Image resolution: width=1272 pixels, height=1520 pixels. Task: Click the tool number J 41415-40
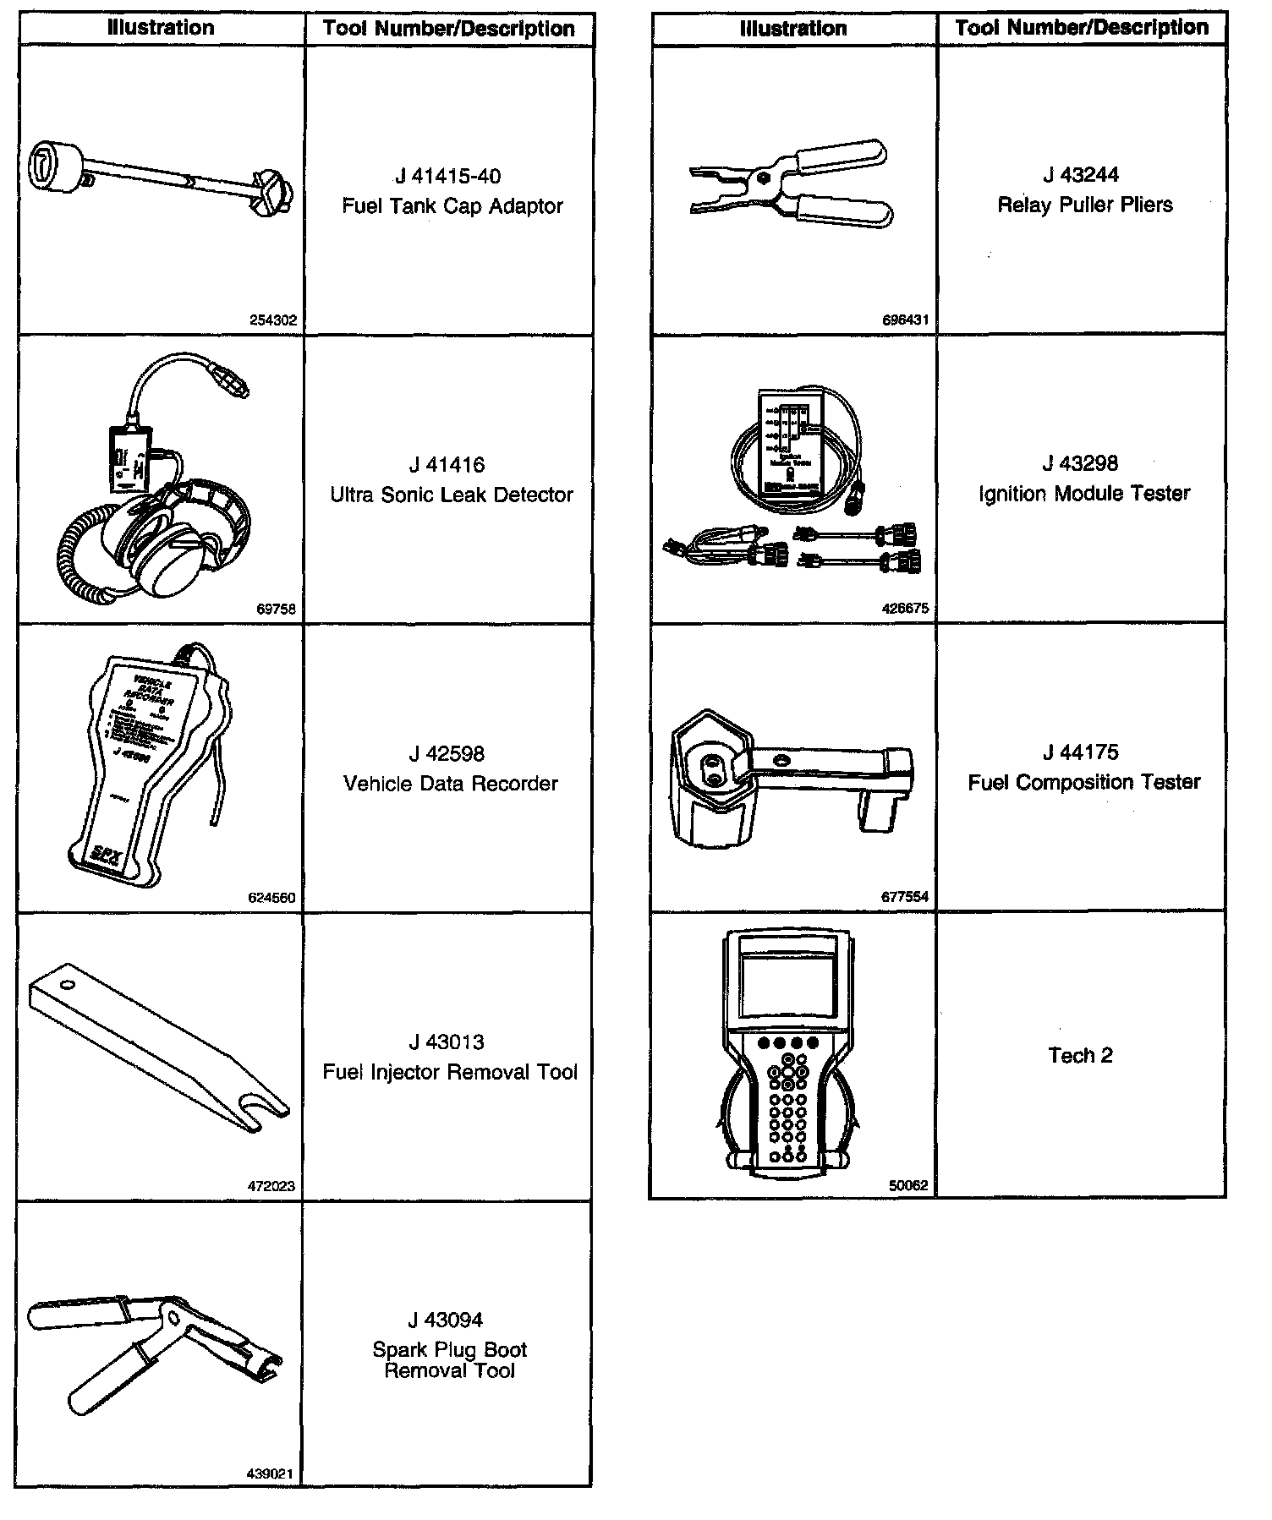point(447,177)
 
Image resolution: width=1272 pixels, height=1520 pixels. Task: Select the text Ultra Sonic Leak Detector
point(452,495)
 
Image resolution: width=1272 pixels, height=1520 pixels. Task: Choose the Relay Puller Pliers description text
point(1085,205)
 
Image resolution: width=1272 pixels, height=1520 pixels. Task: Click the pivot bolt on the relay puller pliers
point(764,178)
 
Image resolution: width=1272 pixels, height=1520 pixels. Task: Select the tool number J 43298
point(1080,463)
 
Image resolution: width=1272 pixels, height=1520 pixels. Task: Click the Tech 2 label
point(1080,1055)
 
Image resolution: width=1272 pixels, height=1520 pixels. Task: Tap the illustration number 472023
point(271,1186)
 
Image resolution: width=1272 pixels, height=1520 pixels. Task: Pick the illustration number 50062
point(908,1185)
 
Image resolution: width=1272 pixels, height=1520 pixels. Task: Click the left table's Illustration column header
point(161,28)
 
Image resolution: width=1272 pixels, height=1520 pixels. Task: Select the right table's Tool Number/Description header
point(1082,28)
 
